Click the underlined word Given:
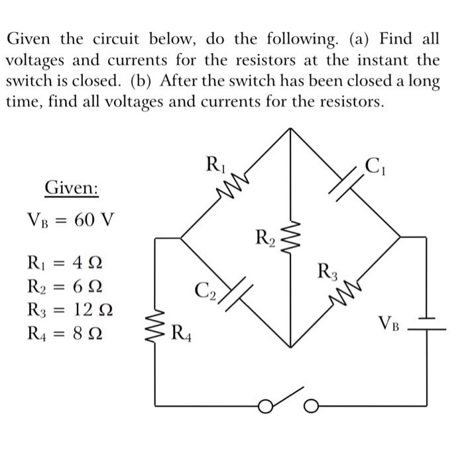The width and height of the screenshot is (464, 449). tap(72, 188)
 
